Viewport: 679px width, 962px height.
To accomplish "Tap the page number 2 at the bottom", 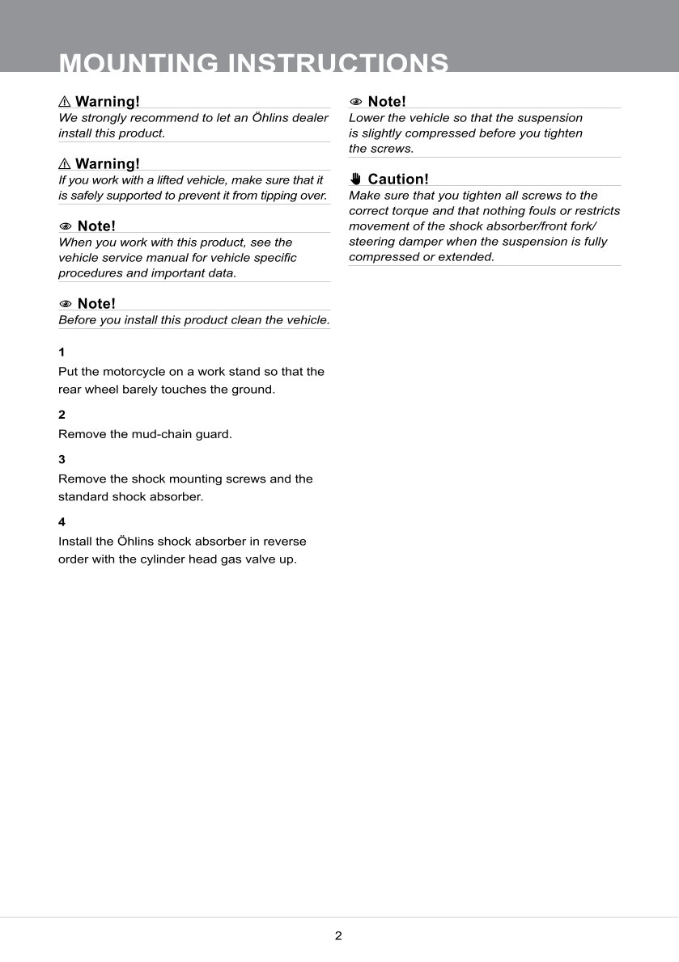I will coord(338,936).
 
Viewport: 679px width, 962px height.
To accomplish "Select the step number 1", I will coord(62,352).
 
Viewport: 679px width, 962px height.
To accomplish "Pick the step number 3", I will coord(62,459).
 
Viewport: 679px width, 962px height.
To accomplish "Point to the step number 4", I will coord(62,521).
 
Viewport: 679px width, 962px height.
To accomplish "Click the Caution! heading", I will coord(398,179).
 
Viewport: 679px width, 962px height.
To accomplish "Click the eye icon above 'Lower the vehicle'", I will coord(355,102).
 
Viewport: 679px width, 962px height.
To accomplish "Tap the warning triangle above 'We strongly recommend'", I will coord(65,102).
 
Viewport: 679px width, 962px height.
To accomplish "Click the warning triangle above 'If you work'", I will coord(65,164).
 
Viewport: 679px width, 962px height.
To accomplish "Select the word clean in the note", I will coord(241,320).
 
